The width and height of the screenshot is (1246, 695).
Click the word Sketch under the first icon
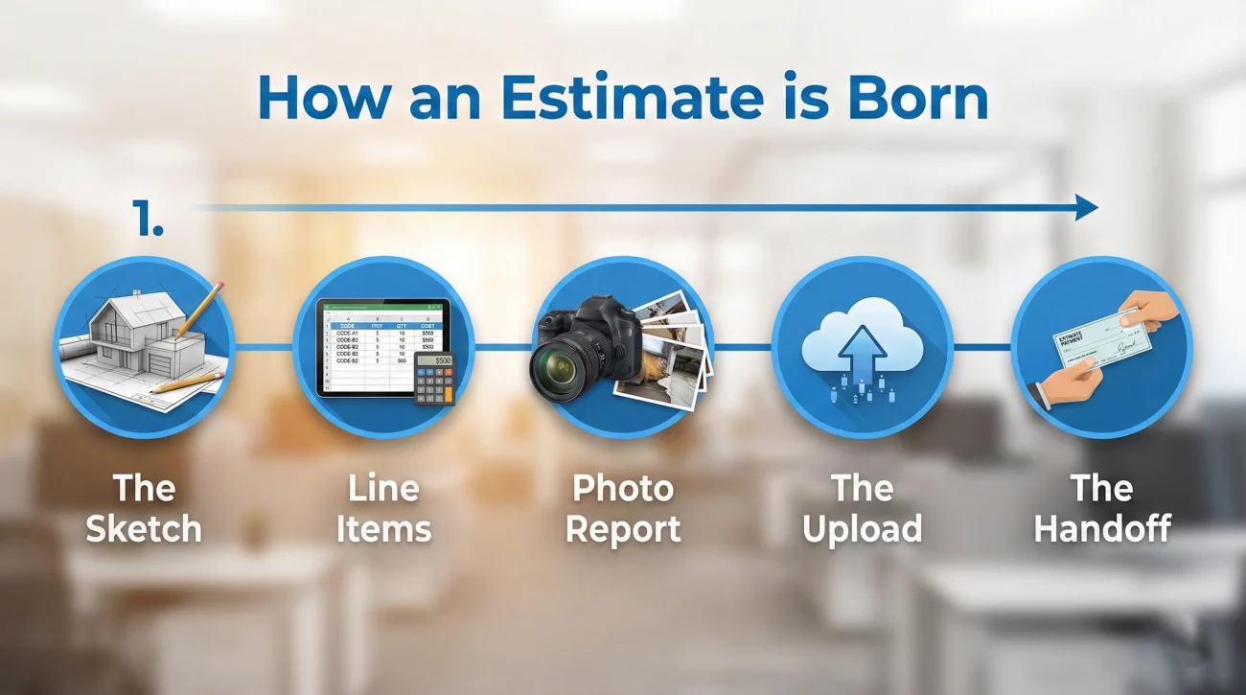coord(144,529)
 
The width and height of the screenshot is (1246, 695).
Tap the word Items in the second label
coord(383,529)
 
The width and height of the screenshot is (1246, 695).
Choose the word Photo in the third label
coord(623,489)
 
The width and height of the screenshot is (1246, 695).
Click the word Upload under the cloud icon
coord(863,529)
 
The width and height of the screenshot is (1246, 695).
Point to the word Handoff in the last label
coord(1102,529)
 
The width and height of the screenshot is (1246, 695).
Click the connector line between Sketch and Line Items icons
coord(263,346)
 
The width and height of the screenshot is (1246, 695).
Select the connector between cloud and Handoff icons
coord(981,346)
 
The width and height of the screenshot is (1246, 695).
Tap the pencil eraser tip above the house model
coord(219,286)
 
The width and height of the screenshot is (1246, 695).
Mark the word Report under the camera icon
coord(623,529)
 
